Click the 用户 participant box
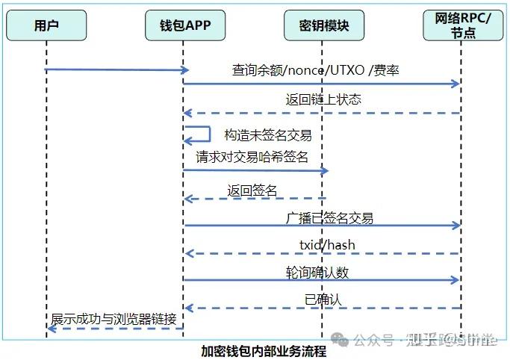coord(46,26)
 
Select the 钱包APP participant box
coord(184,26)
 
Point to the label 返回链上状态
coord(323,99)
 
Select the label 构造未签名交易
coord(267,135)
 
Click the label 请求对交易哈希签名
coord(252,157)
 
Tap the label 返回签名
coord(252,190)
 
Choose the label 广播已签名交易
coord(329,218)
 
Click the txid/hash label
coord(322,245)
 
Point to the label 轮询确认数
coord(317,273)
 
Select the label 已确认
coord(322,300)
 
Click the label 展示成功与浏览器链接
coord(113,319)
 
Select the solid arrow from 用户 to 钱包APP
coord(116,70)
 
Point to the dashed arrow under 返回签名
coord(254,199)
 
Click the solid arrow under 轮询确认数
coord(321,281)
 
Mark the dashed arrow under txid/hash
coord(321,254)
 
